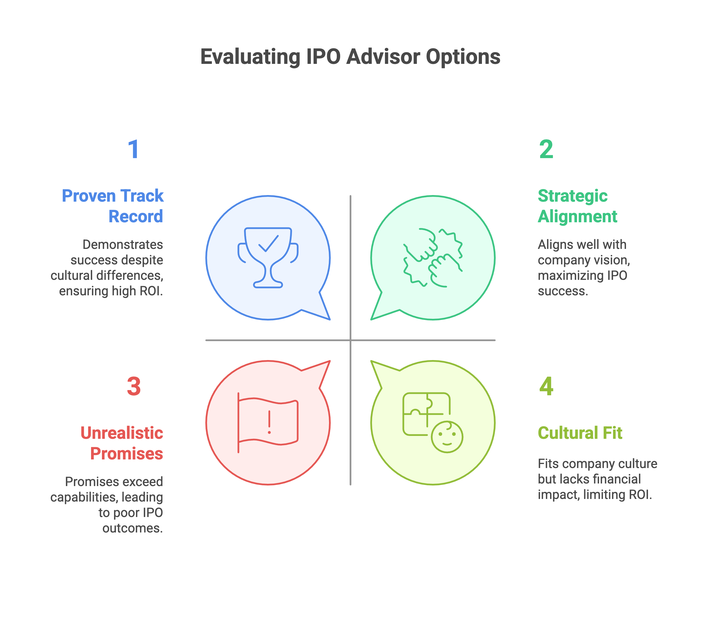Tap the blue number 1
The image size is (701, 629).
click(x=134, y=149)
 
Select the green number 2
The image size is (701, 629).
click(x=546, y=149)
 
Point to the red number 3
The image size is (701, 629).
click(x=134, y=386)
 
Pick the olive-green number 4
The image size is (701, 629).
click(x=546, y=386)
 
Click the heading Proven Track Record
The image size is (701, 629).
click(x=113, y=206)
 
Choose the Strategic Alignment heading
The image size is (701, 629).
click(x=577, y=206)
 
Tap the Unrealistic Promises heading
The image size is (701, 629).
click(x=122, y=443)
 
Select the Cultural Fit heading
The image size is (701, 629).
click(x=580, y=433)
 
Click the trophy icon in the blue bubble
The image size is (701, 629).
click(x=268, y=258)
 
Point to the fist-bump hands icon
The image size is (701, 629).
click(x=433, y=258)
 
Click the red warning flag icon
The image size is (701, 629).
click(x=268, y=422)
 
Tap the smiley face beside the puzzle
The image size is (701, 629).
click(x=447, y=437)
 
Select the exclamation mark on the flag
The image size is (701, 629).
click(x=269, y=422)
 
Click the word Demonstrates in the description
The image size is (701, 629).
click(x=123, y=245)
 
